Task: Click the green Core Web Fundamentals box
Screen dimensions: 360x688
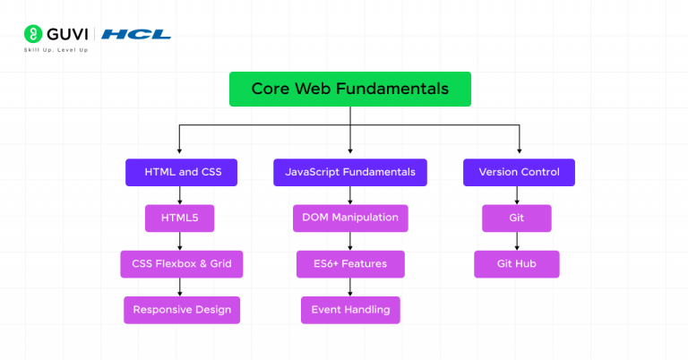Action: [x=349, y=90]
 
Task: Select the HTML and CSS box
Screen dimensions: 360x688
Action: [x=181, y=172]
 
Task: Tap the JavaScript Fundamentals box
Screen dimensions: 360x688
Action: [x=349, y=172]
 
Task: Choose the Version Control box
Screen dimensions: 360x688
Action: [x=519, y=172]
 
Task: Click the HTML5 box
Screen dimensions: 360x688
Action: [x=181, y=219]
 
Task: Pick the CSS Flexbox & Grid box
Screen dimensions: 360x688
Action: [x=181, y=264]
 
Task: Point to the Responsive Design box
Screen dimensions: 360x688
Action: [x=181, y=310]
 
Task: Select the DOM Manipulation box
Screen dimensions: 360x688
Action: [x=350, y=219]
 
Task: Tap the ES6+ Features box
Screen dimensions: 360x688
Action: [x=350, y=264]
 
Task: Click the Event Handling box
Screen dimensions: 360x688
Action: [x=350, y=310]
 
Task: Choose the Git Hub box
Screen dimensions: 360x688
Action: [x=517, y=264]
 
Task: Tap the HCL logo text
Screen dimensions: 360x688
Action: [x=136, y=34]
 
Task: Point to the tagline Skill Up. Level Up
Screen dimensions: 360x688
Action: [x=56, y=50]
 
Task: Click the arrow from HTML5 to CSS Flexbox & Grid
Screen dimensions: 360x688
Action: [x=181, y=241]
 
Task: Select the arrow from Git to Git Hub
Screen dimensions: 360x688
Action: [x=517, y=241]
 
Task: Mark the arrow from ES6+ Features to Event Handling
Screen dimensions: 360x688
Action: [x=350, y=287]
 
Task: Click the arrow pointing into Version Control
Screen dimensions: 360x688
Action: [x=519, y=143]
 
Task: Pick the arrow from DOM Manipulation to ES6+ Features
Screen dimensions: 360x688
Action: [x=350, y=241]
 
